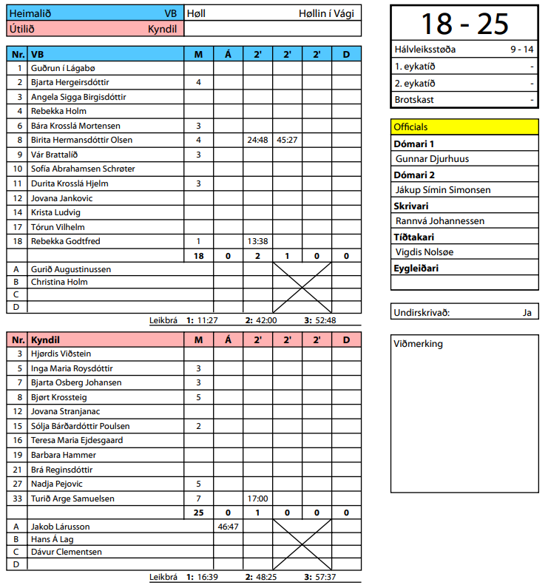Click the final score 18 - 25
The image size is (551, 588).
[464, 24]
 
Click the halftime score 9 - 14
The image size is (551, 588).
[521, 50]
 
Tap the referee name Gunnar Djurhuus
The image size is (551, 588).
[433, 158]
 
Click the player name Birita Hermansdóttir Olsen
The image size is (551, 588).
[81, 140]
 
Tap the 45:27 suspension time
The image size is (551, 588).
[287, 140]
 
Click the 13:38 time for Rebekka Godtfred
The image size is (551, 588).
[257, 241]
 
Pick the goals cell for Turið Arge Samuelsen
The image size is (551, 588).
[198, 499]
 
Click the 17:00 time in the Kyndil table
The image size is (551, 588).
[257, 499]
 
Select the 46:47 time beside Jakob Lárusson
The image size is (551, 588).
[228, 527]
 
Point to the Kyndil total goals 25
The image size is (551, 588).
[198, 513]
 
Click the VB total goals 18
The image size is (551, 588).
[198, 255]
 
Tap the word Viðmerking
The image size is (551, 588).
[419, 344]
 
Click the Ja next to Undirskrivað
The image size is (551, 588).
[527, 312]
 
